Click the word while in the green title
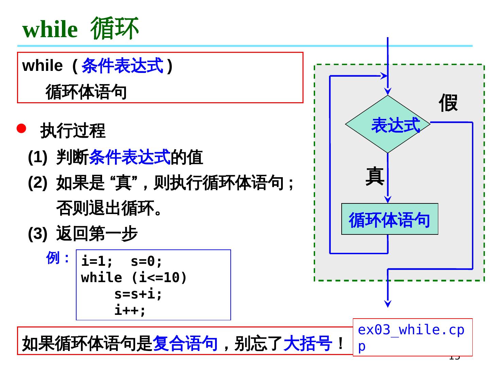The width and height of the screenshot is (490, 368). pos(50,30)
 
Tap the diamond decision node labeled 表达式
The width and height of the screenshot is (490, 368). pos(388,124)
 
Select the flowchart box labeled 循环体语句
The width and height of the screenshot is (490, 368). pos(390,219)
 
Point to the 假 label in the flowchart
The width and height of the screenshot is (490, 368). pos(448,103)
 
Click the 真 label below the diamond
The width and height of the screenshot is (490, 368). pos(375,176)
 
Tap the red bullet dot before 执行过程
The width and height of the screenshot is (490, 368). pos(21,128)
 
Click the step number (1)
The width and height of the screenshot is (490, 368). pos(37,157)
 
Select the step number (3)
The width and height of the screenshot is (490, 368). pos(37,234)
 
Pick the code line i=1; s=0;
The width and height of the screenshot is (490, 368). pos(122,261)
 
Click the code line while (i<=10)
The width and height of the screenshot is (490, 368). pos(134,278)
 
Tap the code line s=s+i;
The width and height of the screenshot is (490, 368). pos(138,294)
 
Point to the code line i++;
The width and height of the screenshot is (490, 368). pos(130,310)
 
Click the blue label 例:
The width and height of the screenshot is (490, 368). pos(58,258)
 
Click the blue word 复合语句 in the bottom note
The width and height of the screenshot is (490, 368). pos(185,343)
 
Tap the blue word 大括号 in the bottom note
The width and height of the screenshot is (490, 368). pos(307,343)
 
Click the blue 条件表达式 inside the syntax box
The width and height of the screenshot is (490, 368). pos(122,66)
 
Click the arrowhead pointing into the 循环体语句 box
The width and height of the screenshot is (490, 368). pos(388,200)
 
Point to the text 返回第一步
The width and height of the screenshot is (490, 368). pos(97,234)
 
